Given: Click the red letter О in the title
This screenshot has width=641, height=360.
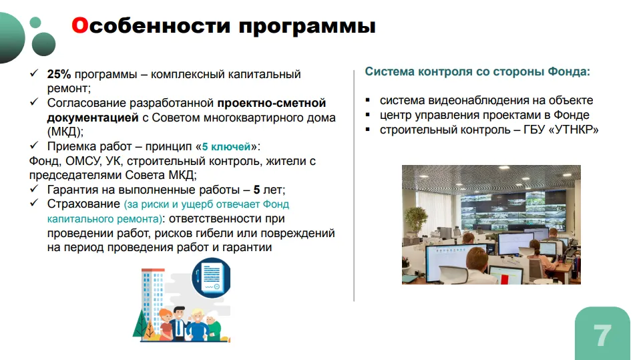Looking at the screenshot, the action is [80, 25].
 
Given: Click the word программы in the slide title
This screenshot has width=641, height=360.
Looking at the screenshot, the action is [307, 27].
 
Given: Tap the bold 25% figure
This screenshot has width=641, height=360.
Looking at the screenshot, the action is [59, 74].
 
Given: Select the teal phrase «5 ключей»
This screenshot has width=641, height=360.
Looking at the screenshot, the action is [226, 146].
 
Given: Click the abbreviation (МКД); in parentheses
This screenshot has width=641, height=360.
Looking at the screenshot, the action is [65, 132].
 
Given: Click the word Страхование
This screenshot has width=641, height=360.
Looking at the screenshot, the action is [83, 204].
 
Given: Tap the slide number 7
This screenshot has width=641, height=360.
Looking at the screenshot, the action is [602, 336].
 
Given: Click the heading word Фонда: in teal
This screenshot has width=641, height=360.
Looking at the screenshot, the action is [569, 71].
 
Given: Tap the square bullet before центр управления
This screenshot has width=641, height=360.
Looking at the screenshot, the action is [368, 115].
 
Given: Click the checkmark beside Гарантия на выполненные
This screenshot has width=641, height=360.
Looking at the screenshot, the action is [34, 188].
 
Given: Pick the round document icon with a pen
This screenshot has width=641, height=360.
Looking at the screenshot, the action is [212, 277].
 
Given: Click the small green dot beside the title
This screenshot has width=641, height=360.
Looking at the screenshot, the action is [35, 22].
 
